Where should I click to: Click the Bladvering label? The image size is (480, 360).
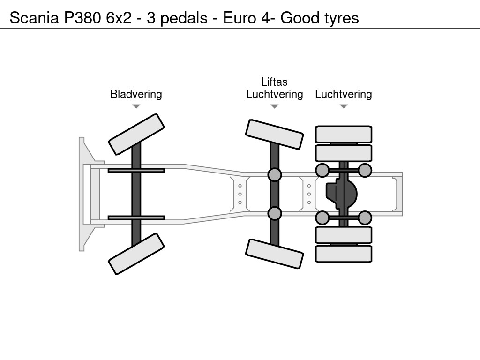pyautogui.click(x=136, y=94)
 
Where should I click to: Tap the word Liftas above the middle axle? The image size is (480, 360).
pyautogui.click(x=274, y=82)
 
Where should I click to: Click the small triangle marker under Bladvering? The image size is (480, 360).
pyautogui.click(x=136, y=106)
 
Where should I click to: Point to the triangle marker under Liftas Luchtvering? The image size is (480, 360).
pyautogui.click(x=274, y=106)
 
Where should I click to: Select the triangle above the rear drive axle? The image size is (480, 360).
pyautogui.click(x=344, y=106)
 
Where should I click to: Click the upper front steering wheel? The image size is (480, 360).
pyautogui.click(x=136, y=134)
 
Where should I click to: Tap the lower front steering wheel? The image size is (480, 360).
pyautogui.click(x=136, y=254)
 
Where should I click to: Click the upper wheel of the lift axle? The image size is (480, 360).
pyautogui.click(x=275, y=134)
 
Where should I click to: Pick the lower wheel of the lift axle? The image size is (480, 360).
pyautogui.click(x=275, y=254)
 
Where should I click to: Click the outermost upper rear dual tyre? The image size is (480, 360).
pyautogui.click(x=344, y=134)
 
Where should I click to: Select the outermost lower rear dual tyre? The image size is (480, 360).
pyautogui.click(x=344, y=254)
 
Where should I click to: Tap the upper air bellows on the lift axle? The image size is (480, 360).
pyautogui.click(x=275, y=175)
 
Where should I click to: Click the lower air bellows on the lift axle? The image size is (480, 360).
pyautogui.click(x=275, y=213)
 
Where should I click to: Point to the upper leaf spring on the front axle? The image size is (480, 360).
pyautogui.click(x=136, y=170)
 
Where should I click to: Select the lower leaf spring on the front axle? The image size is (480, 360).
pyautogui.click(x=136, y=217)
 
